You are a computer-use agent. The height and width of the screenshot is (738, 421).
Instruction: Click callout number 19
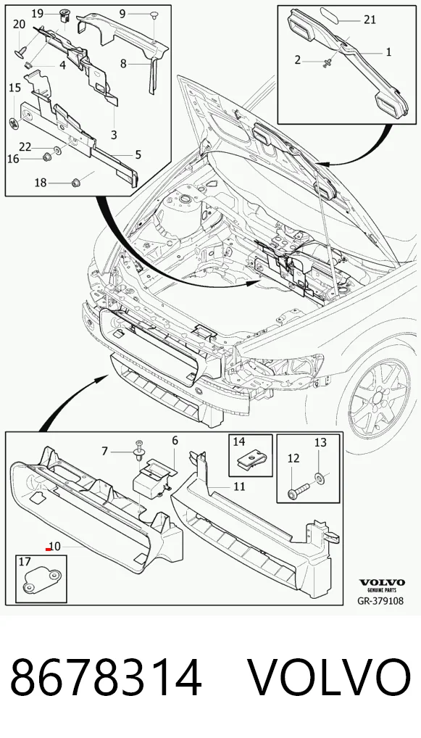(38, 13)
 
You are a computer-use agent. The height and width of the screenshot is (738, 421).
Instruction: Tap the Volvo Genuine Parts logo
(382, 586)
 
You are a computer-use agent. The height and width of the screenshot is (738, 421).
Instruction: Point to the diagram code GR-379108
(380, 600)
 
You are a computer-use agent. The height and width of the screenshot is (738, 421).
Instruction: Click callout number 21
(370, 20)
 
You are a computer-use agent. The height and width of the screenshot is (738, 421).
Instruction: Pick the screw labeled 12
(298, 492)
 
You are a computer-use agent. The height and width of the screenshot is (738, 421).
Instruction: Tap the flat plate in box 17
(41, 581)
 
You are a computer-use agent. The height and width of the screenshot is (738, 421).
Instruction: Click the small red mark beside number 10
(48, 549)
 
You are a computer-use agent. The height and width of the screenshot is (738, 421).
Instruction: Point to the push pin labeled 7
(139, 450)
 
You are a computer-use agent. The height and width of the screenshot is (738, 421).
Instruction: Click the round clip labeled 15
(15, 123)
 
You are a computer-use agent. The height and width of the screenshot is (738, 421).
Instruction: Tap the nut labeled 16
(47, 157)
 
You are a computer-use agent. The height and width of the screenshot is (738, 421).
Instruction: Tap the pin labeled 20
(22, 51)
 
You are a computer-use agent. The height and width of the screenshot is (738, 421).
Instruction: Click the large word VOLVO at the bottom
(328, 679)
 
